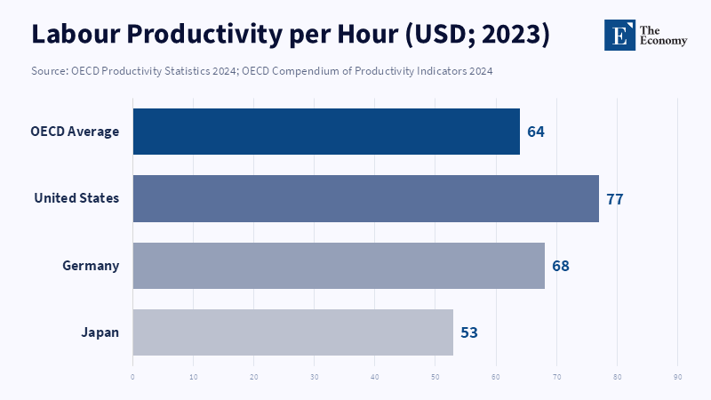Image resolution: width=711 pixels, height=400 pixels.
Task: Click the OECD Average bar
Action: (326, 132)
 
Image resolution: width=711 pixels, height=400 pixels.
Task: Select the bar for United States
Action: (365, 198)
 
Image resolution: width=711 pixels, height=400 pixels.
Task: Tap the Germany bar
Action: (339, 265)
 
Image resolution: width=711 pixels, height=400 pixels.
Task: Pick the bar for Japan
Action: (293, 332)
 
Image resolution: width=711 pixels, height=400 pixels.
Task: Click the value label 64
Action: (535, 132)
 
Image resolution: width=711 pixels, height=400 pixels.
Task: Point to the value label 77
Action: (614, 198)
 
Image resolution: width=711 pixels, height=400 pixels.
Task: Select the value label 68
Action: (560, 265)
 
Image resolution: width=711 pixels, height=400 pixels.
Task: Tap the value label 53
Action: (469, 332)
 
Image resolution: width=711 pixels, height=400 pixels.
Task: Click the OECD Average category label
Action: (75, 132)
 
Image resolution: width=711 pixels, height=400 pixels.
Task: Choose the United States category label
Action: (76, 198)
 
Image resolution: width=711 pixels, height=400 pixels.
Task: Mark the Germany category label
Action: (91, 265)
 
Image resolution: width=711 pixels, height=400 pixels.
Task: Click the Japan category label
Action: (100, 332)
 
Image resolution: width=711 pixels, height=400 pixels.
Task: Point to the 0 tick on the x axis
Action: (132, 376)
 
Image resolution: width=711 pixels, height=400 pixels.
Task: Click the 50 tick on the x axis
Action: (435, 376)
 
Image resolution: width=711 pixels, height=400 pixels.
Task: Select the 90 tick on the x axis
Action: (678, 376)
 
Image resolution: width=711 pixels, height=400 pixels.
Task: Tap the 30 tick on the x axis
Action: (315, 376)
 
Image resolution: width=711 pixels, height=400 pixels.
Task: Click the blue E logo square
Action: (619, 34)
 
